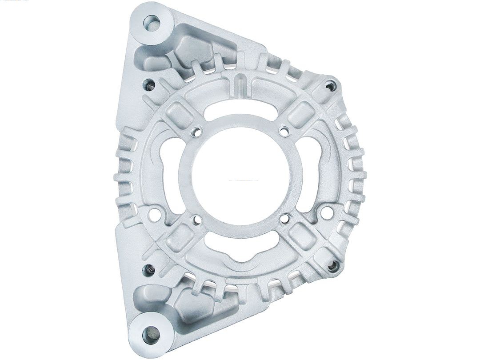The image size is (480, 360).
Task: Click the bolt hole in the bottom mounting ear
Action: [x=151, y=332]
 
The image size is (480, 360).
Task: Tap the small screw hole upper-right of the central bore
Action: [x=284, y=130]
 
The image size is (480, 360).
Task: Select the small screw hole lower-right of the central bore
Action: [x=285, y=218]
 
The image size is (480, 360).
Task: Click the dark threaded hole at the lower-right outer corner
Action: [x=332, y=266]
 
